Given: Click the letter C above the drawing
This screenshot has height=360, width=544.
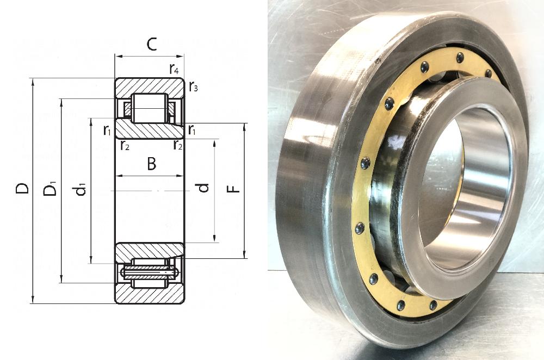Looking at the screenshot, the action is [x=152, y=44].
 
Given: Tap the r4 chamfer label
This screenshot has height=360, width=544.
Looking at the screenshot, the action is [x=174, y=70].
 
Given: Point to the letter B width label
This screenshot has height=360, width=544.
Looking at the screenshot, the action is [x=151, y=164].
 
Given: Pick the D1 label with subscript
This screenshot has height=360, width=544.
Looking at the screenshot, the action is [x=50, y=190].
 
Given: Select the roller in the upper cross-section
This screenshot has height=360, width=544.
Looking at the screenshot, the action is [x=150, y=108].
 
